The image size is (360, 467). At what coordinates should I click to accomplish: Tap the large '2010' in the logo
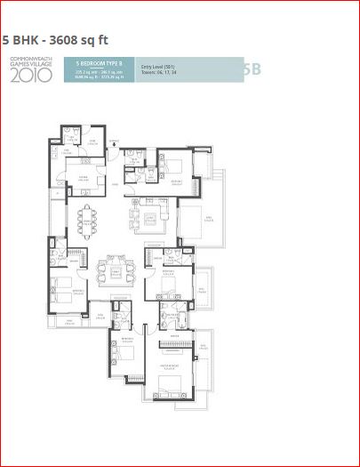pos(29,76)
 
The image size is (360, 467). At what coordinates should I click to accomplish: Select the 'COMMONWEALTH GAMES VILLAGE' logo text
pos(30,63)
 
